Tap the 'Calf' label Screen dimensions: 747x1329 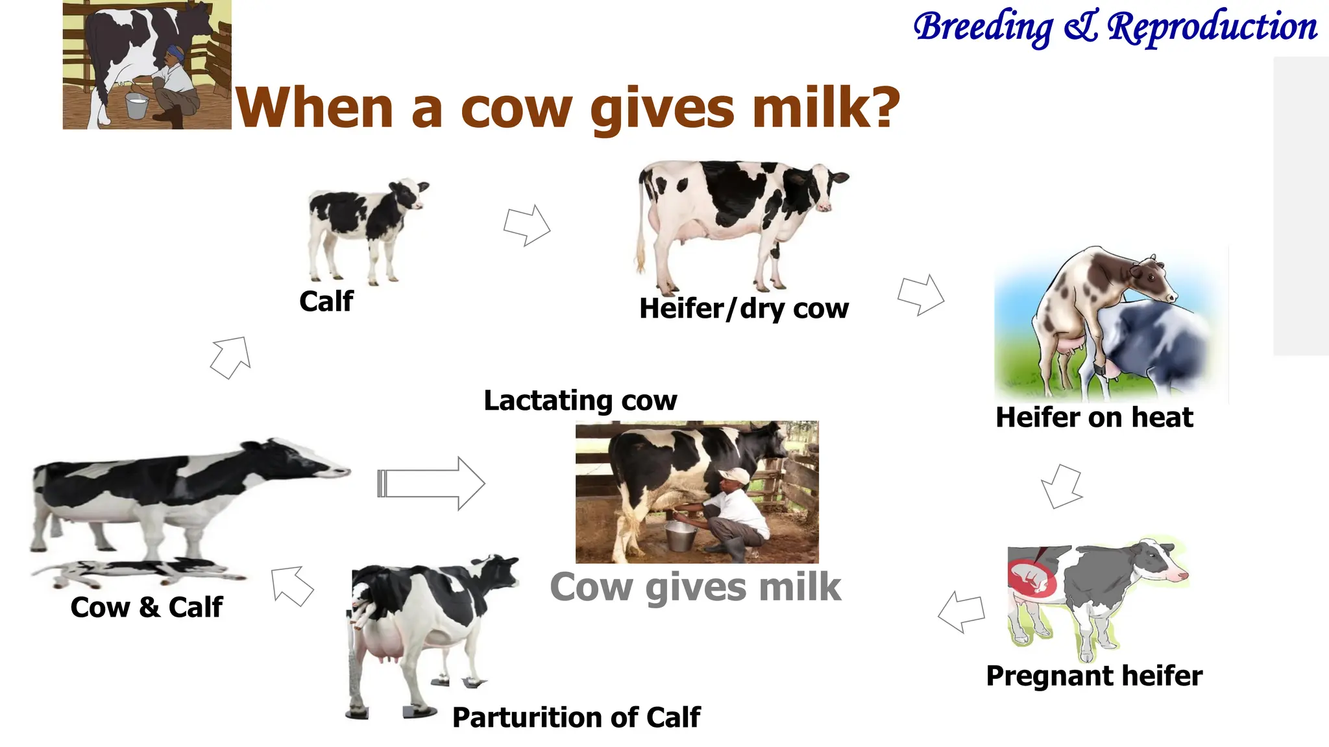pyautogui.click(x=326, y=302)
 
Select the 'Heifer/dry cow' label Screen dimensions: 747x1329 pyautogui.click(x=744, y=309)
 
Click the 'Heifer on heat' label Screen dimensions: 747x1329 pyautogui.click(x=1094, y=418)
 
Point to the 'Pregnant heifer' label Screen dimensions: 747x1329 pyautogui.click(x=1094, y=676)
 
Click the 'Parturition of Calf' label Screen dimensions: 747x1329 pyautogui.click(x=576, y=718)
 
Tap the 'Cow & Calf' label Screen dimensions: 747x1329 pyautogui.click(x=147, y=608)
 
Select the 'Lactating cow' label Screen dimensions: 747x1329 pyautogui.click(x=580, y=401)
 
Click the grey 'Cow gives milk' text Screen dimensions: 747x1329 pyautogui.click(x=695, y=587)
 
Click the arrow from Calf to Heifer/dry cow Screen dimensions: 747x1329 pyautogui.click(x=527, y=226)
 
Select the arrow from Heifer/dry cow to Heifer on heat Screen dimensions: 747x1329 pyautogui.click(x=921, y=295)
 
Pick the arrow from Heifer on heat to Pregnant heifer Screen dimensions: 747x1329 pyautogui.click(x=1062, y=486)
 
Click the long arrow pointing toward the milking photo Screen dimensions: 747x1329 pyautogui.click(x=431, y=484)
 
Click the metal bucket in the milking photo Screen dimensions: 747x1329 pyautogui.click(x=681, y=536)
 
